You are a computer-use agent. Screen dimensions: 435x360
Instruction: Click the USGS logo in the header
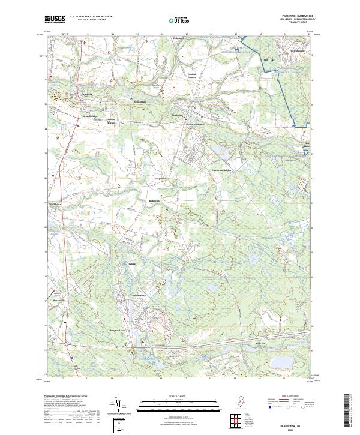(x=55, y=20)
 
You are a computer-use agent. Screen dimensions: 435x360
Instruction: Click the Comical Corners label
(x=191, y=76)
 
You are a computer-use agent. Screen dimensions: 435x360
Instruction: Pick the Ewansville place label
(x=87, y=94)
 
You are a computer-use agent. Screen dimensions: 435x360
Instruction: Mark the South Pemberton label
(x=195, y=125)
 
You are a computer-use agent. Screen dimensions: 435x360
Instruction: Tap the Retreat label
(x=133, y=263)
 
